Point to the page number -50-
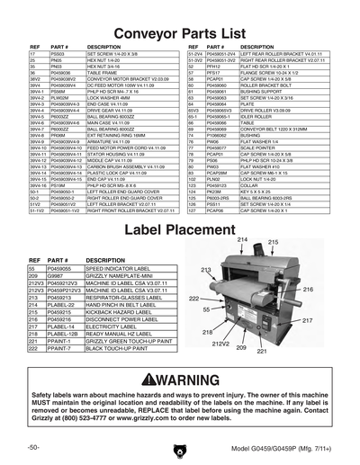pos(33,447)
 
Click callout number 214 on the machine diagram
pos(247,241)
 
